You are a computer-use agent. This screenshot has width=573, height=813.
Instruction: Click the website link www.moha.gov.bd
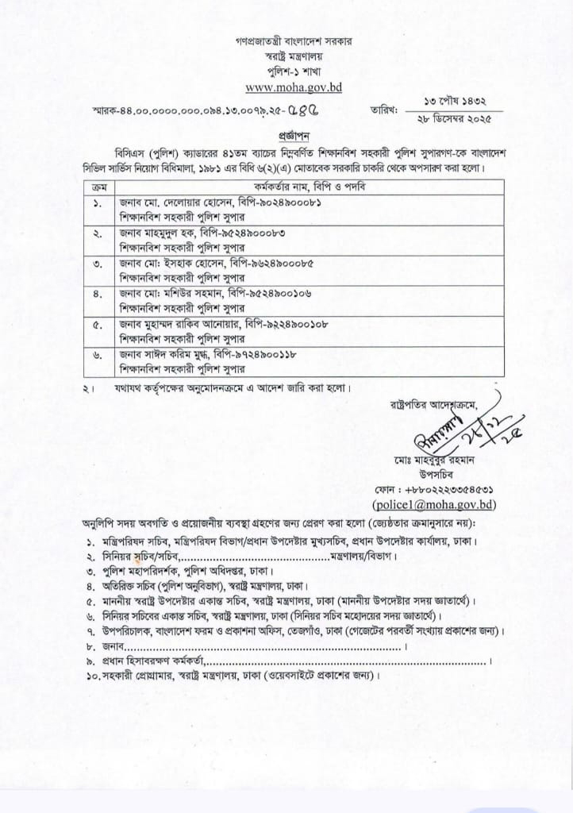[x=293, y=87]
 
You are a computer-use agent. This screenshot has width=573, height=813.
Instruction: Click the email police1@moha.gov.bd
[x=433, y=503]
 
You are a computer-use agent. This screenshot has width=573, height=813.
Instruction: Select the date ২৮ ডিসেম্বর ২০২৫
[x=455, y=118]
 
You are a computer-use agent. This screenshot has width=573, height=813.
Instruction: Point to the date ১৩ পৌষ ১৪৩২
[x=455, y=102]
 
